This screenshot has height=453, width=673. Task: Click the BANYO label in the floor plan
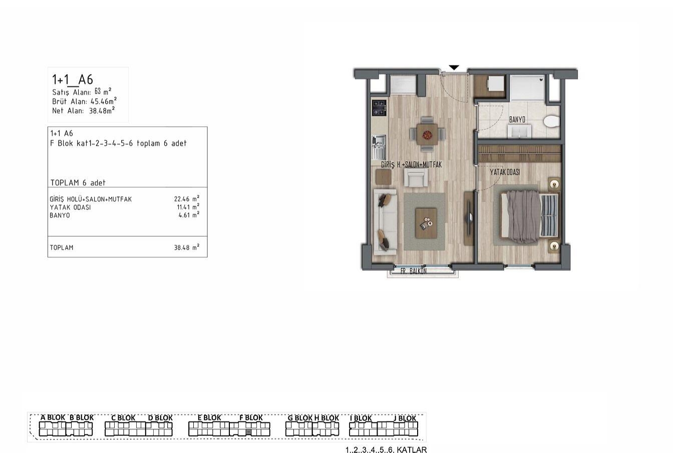pos(517,120)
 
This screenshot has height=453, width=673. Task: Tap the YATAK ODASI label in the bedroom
pos(505,172)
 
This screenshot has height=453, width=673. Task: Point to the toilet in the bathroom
pos(552,122)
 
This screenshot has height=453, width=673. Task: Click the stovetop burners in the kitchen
pos(379,108)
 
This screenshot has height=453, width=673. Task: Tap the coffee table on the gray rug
pos(426,223)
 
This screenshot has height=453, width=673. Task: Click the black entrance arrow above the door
pos(454,68)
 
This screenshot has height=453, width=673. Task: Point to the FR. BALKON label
pos(414,271)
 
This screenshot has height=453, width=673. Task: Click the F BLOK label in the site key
pos(251,417)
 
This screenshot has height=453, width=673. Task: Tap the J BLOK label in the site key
pos(405,418)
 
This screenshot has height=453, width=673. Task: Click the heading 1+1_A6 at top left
pos(73,80)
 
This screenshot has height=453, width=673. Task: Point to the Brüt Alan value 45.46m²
pos(104,101)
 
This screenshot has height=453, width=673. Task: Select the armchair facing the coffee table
pos(416,178)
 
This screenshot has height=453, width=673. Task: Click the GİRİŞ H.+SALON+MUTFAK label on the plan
pos(411,165)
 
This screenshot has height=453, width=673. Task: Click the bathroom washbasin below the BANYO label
pos(519,131)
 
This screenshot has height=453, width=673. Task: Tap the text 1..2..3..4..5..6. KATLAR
pos(386,449)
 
